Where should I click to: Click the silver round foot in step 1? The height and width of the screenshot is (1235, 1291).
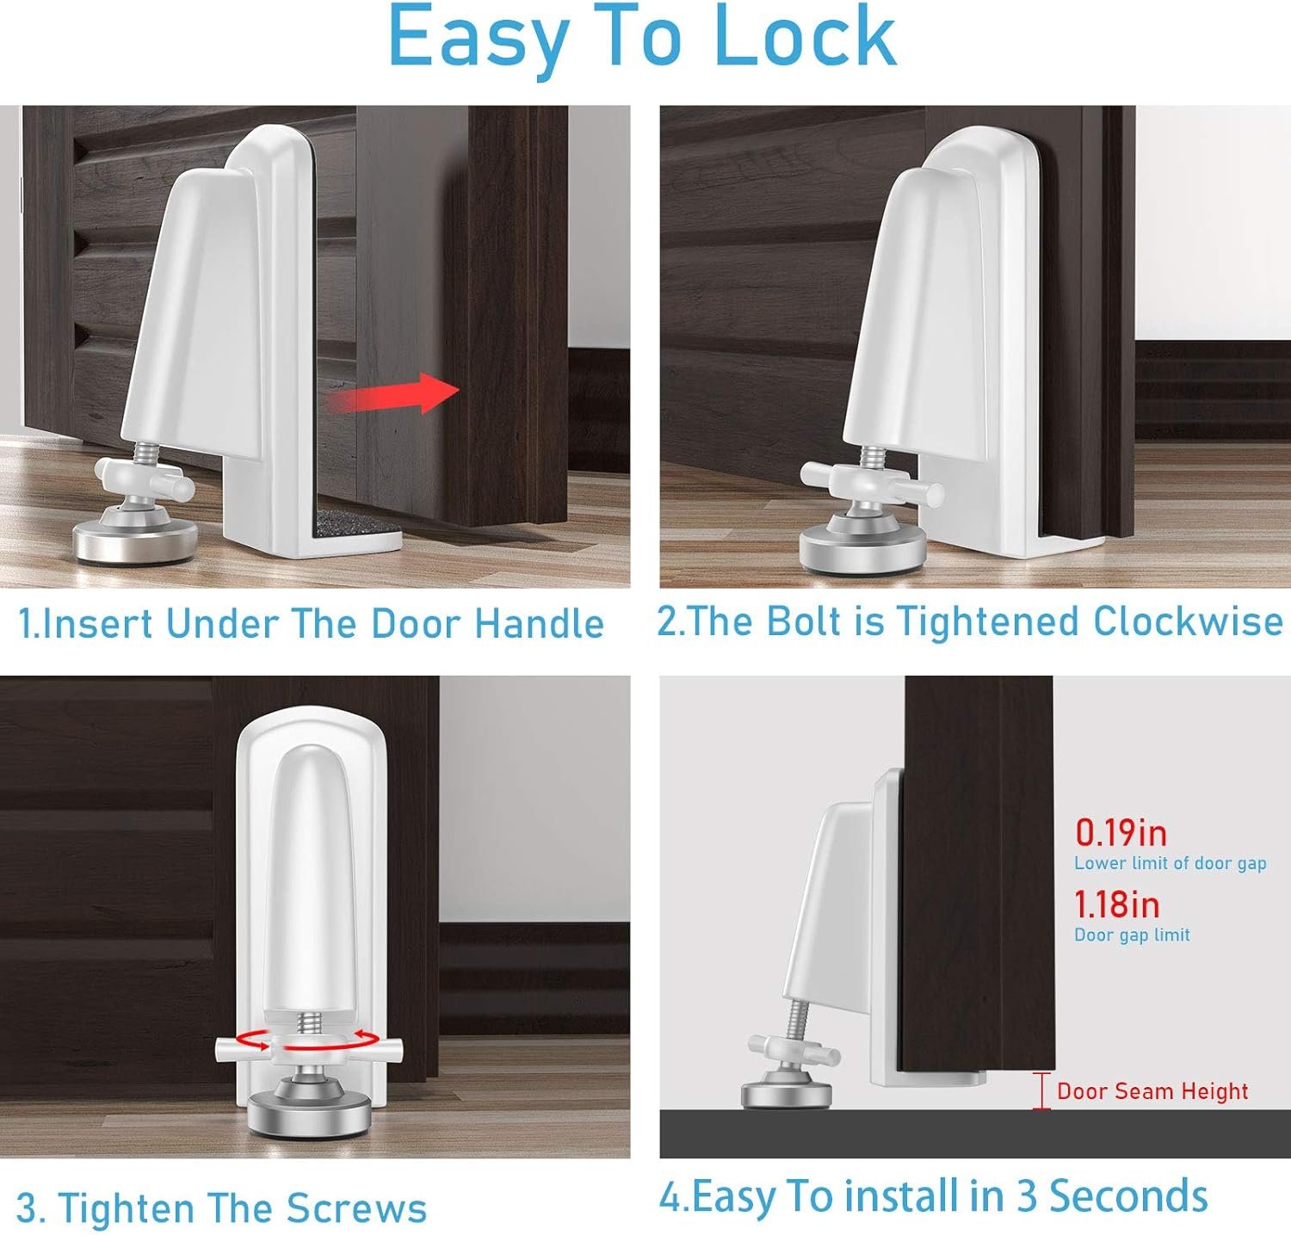click(x=134, y=534)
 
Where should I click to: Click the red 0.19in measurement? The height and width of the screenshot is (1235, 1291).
click(x=1121, y=833)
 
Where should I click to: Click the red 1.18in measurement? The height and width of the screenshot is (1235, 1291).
click(x=1117, y=905)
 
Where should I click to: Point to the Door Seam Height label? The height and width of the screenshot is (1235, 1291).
click(x=1152, y=1091)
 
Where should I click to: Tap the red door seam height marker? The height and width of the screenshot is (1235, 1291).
click(x=1041, y=1091)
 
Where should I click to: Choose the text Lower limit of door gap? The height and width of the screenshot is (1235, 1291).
click(x=1171, y=863)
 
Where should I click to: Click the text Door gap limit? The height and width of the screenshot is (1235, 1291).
click(x=1132, y=936)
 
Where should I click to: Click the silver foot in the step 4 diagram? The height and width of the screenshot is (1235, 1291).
click(x=787, y=1094)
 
